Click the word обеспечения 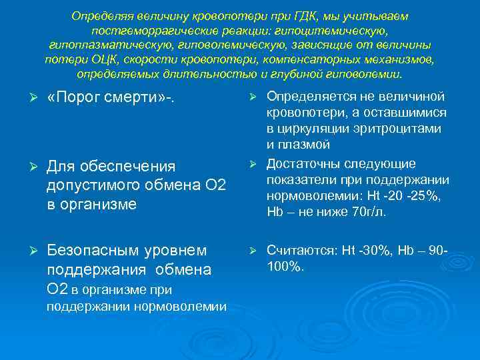(127, 166)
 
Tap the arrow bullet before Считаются (253, 250)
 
